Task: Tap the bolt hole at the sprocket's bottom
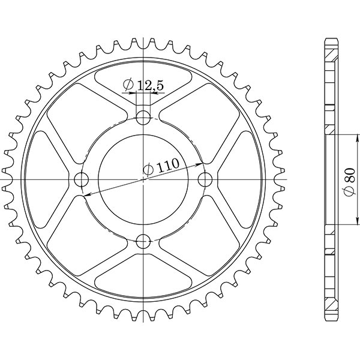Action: pyautogui.click(x=143, y=242)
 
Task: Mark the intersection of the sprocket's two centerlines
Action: pyautogui.click(x=143, y=179)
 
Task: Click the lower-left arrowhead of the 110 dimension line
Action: pyautogui.click(x=86, y=194)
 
